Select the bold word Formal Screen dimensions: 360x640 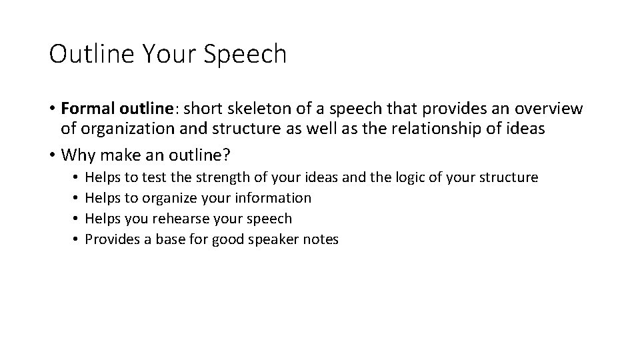(85, 109)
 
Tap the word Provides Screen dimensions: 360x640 (113, 239)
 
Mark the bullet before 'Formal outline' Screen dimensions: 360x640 (52, 109)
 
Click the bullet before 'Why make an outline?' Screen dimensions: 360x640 (52, 155)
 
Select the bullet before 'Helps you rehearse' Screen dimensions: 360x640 (77, 219)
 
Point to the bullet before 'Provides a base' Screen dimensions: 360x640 (77, 239)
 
